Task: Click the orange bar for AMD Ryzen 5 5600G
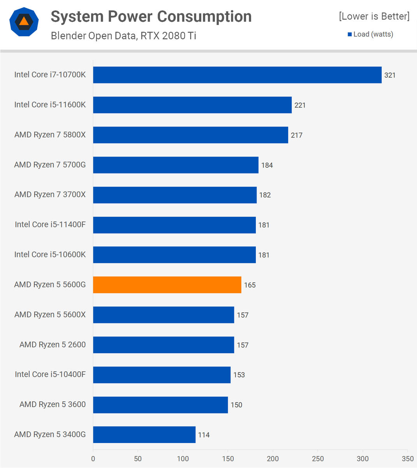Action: pos(167,285)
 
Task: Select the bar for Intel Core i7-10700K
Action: pos(237,75)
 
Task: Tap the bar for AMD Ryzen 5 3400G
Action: pos(144,434)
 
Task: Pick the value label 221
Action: pos(300,105)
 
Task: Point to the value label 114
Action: pos(204,435)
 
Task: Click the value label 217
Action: pos(296,135)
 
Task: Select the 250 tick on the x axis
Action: pos(318,459)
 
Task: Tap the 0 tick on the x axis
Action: pos(93,459)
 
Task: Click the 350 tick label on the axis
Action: pos(408,459)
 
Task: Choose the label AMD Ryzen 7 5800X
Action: pos(50,135)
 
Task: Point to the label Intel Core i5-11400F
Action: pos(50,225)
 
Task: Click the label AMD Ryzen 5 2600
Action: pos(53,345)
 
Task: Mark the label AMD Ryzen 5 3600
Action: pos(53,404)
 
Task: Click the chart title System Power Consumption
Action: pos(151,17)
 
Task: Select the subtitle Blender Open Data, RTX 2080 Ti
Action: pos(123,36)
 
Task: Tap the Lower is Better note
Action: pos(374,16)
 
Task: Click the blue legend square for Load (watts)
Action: pos(350,34)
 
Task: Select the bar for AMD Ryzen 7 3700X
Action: pos(175,195)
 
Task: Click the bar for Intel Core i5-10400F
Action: pos(162,375)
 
